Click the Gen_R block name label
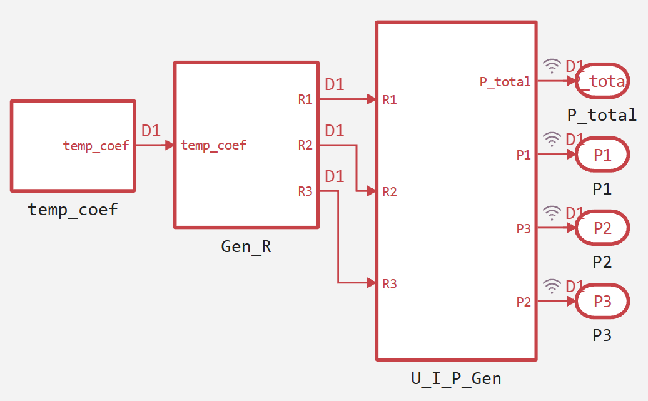coord(246,247)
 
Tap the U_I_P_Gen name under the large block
coord(456,378)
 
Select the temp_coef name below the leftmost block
coord(73,210)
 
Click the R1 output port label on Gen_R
coord(305,99)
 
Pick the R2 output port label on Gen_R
coord(305,145)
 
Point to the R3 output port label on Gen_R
coord(305,191)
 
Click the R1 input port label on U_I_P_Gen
coord(390,99)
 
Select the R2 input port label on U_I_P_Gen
coord(390,192)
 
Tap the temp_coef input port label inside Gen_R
coord(213,145)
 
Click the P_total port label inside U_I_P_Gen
coord(505,82)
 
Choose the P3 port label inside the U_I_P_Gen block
coord(524,228)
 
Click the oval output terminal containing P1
coord(602,154)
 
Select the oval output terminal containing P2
coord(602,228)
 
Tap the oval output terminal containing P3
coord(602,301)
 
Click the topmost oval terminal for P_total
coord(602,81)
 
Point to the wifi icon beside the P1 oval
coord(552,140)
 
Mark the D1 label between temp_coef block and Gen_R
coord(151,131)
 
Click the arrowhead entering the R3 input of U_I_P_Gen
coord(372,283)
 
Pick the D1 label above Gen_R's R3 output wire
coord(335,176)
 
